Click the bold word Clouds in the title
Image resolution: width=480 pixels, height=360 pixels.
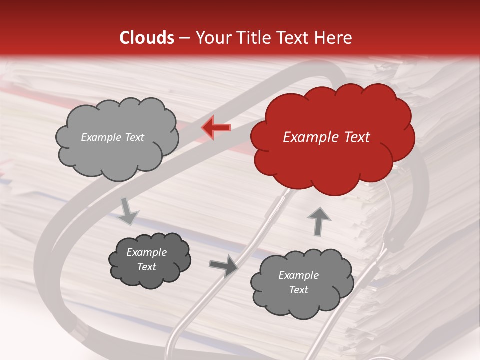pos(147,38)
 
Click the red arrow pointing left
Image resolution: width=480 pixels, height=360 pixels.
pos(216,128)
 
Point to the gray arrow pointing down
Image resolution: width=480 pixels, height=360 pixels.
pos(129,211)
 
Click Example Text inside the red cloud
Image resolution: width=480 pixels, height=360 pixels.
pos(326,137)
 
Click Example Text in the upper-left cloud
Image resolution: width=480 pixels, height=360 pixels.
pos(112,137)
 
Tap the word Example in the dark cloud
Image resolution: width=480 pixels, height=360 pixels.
pos(146,252)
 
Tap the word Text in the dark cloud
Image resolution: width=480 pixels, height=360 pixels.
pos(146,267)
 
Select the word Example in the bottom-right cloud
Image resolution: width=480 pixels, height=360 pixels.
pos(298,275)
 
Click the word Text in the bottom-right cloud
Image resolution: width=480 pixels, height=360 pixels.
pos(298,290)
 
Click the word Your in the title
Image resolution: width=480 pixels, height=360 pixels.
pos(210,38)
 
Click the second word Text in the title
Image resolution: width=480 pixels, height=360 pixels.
pos(295,38)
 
